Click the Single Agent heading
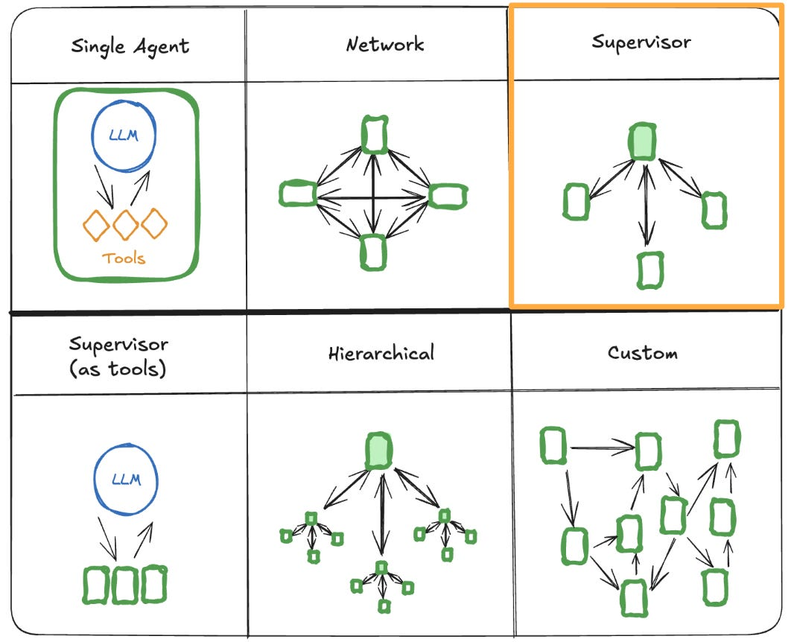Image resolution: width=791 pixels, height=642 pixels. point(130,47)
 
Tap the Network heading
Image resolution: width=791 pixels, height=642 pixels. point(385,45)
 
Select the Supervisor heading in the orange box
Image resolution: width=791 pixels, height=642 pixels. point(641,42)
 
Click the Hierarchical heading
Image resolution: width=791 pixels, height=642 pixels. point(381,352)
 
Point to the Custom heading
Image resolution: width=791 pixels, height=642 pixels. point(642,352)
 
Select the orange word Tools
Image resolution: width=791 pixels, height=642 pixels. point(124,259)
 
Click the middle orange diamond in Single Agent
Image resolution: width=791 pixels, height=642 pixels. point(125,224)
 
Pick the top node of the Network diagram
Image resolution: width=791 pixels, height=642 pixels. point(374,134)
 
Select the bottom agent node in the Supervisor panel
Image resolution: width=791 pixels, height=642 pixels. point(650,270)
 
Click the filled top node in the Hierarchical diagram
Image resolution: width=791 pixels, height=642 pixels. point(379,451)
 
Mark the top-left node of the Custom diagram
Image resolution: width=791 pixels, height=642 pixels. point(552,445)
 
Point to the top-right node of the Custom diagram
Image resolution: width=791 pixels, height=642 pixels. point(727,439)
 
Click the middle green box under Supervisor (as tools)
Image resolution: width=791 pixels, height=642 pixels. point(125,585)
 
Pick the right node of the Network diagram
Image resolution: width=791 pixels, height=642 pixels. point(448,194)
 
